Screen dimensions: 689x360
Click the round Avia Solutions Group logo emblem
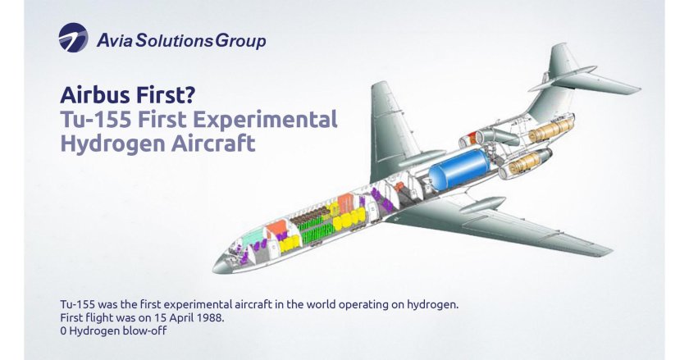73,38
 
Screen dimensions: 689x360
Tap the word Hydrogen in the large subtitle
112,144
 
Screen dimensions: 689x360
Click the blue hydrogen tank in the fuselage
460,169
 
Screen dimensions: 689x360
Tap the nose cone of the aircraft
221,265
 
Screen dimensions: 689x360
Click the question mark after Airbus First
189,95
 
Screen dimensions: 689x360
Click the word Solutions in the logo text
175,41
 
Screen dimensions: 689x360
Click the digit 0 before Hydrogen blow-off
63,330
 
